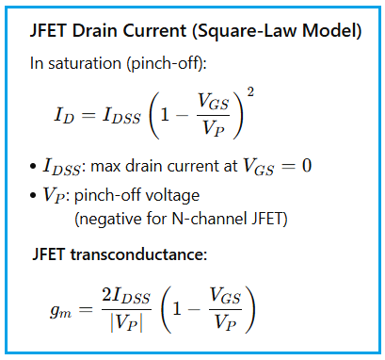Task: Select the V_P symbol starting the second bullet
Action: [52, 196]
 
